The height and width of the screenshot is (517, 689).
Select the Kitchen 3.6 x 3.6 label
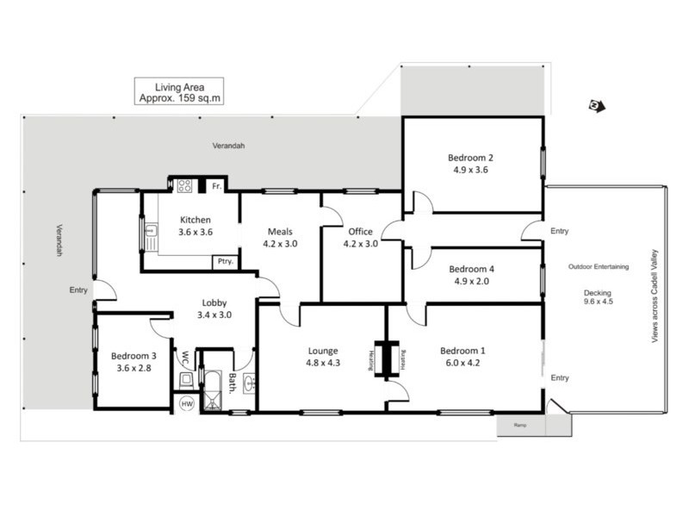(195, 226)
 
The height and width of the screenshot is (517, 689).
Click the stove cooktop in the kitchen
(183, 185)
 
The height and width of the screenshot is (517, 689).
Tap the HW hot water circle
(187, 402)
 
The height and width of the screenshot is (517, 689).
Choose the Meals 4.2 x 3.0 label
(280, 238)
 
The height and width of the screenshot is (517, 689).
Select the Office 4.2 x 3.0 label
(360, 238)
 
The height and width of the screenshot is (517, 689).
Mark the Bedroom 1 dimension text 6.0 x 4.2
(462, 363)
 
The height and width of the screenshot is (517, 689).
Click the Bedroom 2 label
(470, 158)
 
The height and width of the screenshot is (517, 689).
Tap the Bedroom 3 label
(133, 356)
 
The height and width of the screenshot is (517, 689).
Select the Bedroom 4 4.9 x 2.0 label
(470, 274)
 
